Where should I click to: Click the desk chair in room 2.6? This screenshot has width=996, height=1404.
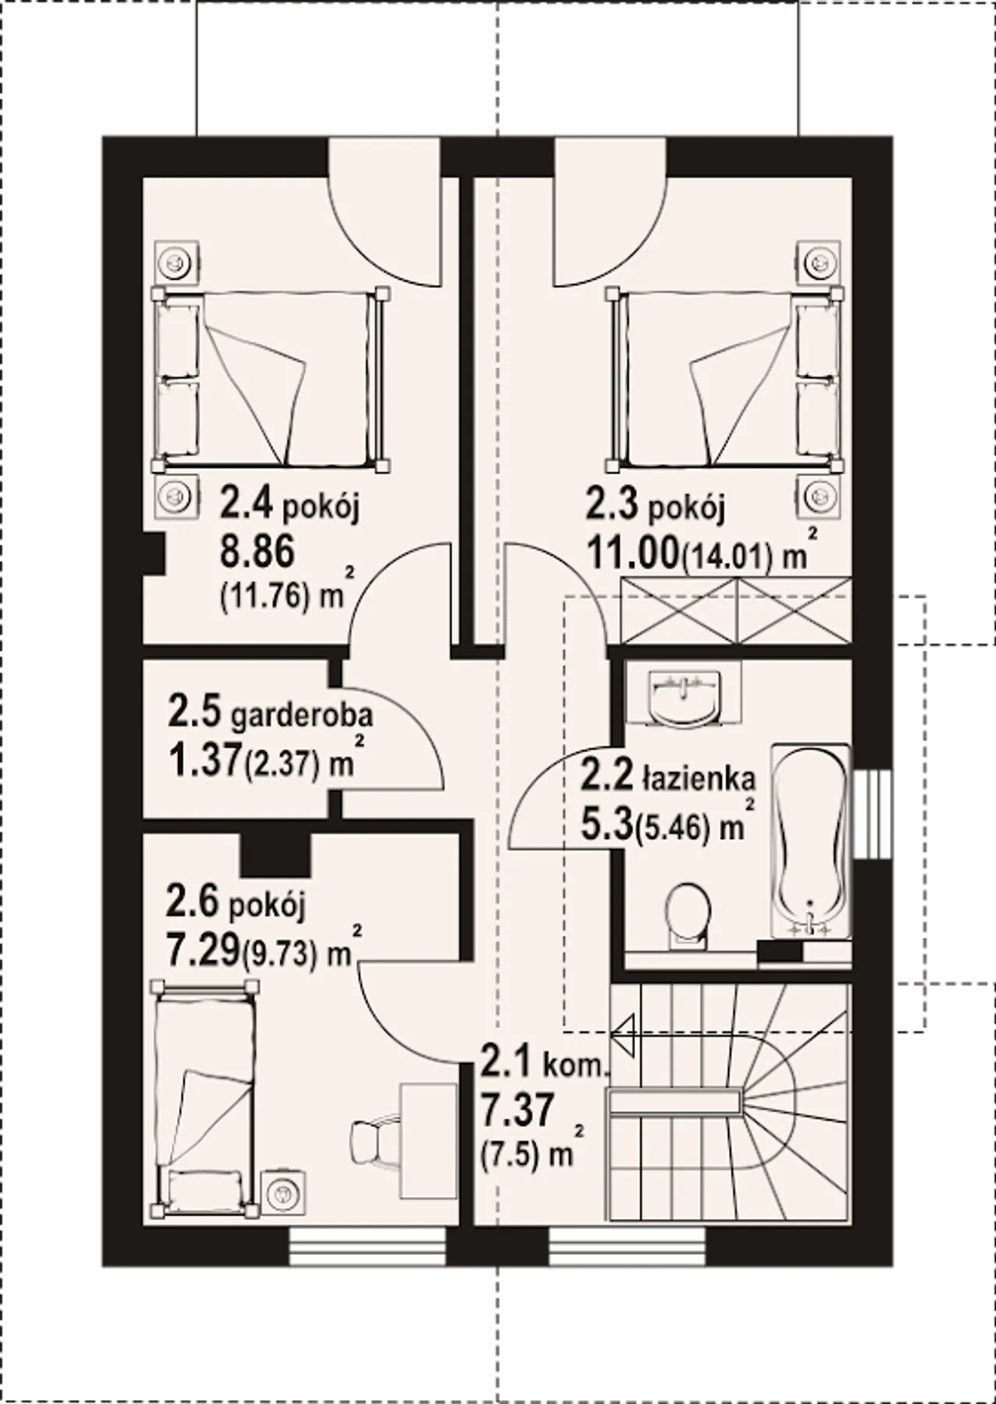tap(374, 1141)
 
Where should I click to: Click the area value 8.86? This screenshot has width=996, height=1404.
tap(258, 552)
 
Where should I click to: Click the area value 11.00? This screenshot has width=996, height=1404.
tap(633, 555)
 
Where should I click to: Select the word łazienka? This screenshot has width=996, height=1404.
tap(699, 777)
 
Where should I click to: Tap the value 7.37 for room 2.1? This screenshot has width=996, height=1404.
tap(517, 1108)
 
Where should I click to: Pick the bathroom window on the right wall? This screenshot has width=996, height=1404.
tap(871, 815)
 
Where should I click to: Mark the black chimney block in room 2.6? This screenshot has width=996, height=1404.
tap(275, 855)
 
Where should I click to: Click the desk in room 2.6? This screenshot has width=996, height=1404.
tap(429, 1140)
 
